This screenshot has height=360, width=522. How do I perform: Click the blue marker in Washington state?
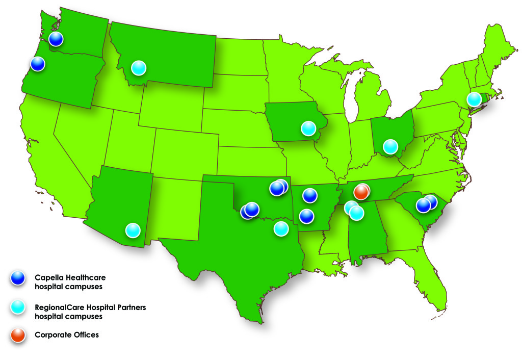pos(56,39)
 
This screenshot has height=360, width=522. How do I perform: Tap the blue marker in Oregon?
pos(38,64)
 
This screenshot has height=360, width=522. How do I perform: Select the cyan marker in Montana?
pos(138,67)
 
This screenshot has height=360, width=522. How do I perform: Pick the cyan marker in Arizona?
pos(133,230)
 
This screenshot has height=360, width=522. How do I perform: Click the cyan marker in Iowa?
pos(308,128)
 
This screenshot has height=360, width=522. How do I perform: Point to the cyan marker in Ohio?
pos(390,146)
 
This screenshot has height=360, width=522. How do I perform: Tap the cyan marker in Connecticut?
pos(474,98)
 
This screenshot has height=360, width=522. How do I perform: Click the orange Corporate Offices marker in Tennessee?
pos(361,192)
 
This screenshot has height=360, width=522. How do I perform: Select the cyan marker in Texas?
pos(281,228)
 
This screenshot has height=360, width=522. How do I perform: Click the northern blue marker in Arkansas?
pos(309,195)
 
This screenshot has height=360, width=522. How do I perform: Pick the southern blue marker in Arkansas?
pos(306,216)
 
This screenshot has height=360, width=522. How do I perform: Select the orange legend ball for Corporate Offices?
pos(18,335)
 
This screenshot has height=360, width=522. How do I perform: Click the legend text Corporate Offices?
pos(67,335)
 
